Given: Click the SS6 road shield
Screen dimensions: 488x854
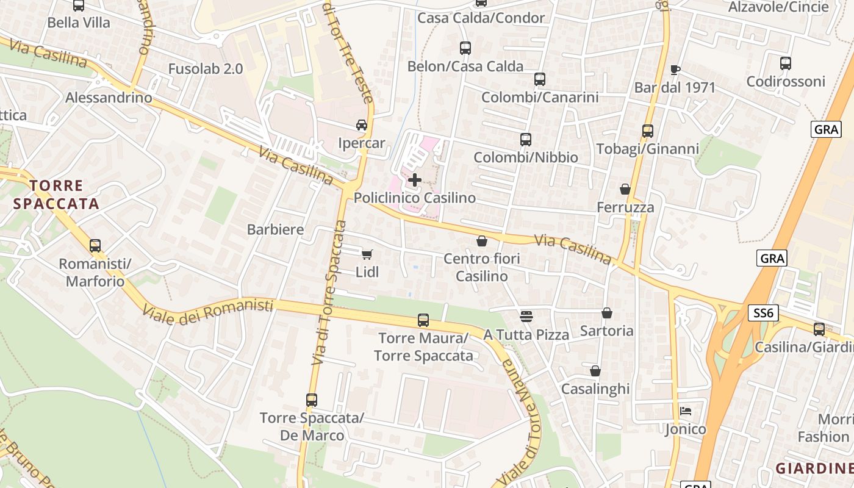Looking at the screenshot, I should coord(764,313).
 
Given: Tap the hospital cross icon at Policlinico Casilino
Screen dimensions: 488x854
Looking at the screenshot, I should coord(415,180).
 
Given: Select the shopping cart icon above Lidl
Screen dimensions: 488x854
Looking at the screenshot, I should coord(367,254).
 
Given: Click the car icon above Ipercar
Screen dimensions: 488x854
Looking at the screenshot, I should coord(362,125).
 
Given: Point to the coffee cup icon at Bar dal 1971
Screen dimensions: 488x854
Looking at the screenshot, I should coord(675,70).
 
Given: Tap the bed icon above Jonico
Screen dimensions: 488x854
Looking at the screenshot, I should coord(685,411).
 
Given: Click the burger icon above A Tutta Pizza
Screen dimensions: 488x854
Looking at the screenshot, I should coord(526,316).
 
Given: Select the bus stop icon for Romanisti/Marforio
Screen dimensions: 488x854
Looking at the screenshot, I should coord(95,246).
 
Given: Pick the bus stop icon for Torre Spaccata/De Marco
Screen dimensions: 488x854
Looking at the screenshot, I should coord(312,400).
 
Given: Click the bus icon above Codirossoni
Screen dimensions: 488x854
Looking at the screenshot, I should coord(786,63).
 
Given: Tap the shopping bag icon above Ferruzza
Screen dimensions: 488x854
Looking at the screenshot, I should coord(625,189).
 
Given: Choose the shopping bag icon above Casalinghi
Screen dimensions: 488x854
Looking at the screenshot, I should coord(595,371).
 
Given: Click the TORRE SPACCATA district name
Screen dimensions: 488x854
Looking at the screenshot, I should coord(56,195).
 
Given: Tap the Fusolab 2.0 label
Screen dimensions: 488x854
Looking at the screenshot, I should coord(206,69).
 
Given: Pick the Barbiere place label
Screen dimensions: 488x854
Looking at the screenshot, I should coord(275,229).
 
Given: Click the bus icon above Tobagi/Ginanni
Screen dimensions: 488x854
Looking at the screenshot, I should coord(648,131).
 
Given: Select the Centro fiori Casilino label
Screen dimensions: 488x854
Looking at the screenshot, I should coord(482,267).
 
